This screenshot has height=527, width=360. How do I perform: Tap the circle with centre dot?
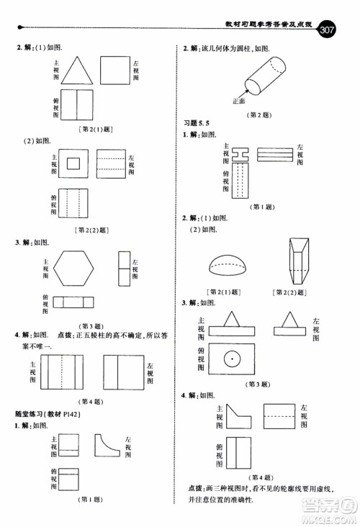point(231,357)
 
